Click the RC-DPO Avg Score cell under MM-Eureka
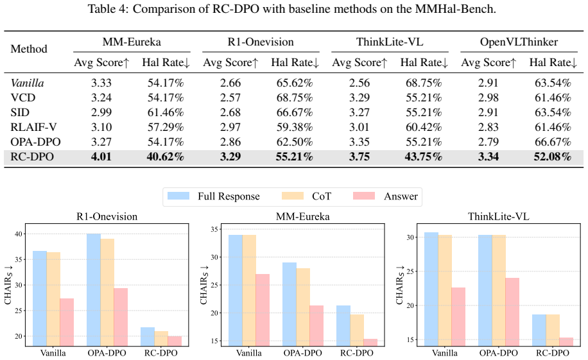click(101, 157)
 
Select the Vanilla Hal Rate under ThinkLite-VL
click(424, 83)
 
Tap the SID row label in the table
click(20, 112)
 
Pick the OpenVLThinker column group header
click(519, 42)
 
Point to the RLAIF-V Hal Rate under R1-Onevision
click(295, 127)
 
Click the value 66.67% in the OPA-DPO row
click(553, 142)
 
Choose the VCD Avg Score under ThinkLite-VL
click(359, 98)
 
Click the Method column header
click(29, 49)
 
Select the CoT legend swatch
click(293, 196)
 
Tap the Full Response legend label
click(229, 196)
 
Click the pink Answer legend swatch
click(364, 196)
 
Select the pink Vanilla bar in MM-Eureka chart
click(263, 310)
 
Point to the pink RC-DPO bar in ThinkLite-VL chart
click(566, 341)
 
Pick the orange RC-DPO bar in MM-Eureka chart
click(357, 330)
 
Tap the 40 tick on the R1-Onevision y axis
click(17, 234)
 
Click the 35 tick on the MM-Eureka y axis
click(214, 229)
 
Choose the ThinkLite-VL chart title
click(498, 216)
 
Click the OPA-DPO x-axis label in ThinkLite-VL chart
click(498, 353)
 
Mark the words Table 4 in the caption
click(108, 8)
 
